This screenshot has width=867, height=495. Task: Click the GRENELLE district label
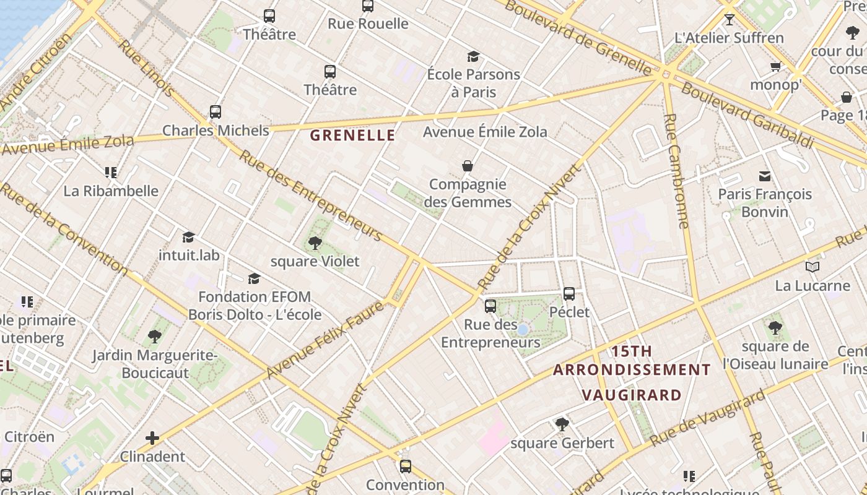(x=352, y=136)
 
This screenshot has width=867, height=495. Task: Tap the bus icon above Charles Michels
(x=216, y=112)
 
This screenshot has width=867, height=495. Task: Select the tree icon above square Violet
(x=315, y=243)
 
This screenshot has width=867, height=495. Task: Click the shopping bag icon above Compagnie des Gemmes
(x=468, y=166)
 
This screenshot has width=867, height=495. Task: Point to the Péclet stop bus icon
(x=569, y=293)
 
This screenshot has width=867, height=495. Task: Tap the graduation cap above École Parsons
(x=474, y=56)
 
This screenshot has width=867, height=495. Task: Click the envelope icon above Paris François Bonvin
(x=765, y=176)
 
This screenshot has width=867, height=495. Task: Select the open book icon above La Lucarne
(x=813, y=267)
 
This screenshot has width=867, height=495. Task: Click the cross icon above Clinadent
(x=152, y=438)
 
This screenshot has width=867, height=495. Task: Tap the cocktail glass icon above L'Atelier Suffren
(x=730, y=19)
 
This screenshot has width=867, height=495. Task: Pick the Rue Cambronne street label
(x=676, y=171)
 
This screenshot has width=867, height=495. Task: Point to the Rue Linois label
(x=146, y=68)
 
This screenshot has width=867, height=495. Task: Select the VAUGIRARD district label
(x=632, y=395)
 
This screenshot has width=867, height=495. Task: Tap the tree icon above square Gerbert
(x=562, y=424)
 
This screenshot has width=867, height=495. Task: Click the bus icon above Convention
(x=406, y=466)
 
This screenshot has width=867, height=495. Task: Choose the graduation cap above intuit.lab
(x=189, y=237)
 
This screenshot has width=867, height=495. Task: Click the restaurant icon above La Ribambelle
(x=111, y=172)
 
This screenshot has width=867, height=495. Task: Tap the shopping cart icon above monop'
(x=775, y=66)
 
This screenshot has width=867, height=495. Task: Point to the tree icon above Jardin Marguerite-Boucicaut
(x=155, y=337)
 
